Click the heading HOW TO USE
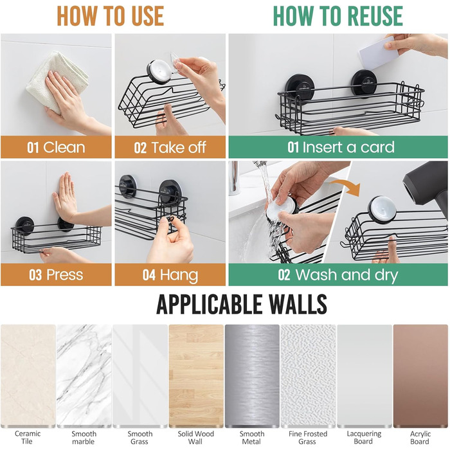pos(111,16)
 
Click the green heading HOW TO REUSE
pos(337,16)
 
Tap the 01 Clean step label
pos(57,147)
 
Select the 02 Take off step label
pos(170,147)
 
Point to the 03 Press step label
pos(57,274)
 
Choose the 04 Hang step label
pos(170,275)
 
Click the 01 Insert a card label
pos(341,147)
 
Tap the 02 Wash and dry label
pos(337,274)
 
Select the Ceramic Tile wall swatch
pos(28,375)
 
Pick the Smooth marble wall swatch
pos(84,375)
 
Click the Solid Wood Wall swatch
pos(196,375)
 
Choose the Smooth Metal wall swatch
pos(252,375)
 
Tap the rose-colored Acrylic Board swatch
pos(420,375)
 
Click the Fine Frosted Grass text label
pos(308,437)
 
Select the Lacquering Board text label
pos(364,437)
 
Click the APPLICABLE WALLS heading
pos(242,304)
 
